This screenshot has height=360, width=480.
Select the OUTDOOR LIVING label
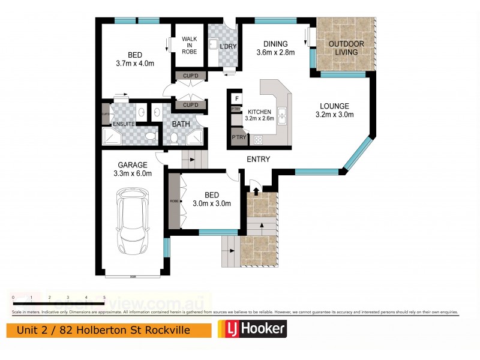tap(343, 48)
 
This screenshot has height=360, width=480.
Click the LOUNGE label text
tap(335, 106)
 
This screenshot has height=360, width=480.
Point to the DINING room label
tap(275, 43)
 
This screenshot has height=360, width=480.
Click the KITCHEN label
tap(259, 112)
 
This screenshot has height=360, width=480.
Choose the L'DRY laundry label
tap(227, 47)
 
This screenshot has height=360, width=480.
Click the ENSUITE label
tap(124, 124)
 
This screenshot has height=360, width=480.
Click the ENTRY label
tap(258, 160)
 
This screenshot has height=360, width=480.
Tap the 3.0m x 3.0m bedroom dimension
tap(211, 203)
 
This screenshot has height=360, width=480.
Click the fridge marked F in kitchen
tap(236, 98)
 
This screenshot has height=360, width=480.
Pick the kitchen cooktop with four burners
tap(259, 140)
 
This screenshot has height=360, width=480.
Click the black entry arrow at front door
tap(256, 191)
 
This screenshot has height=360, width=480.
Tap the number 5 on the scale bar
tap(104, 298)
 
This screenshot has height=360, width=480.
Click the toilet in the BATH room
tap(173, 138)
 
